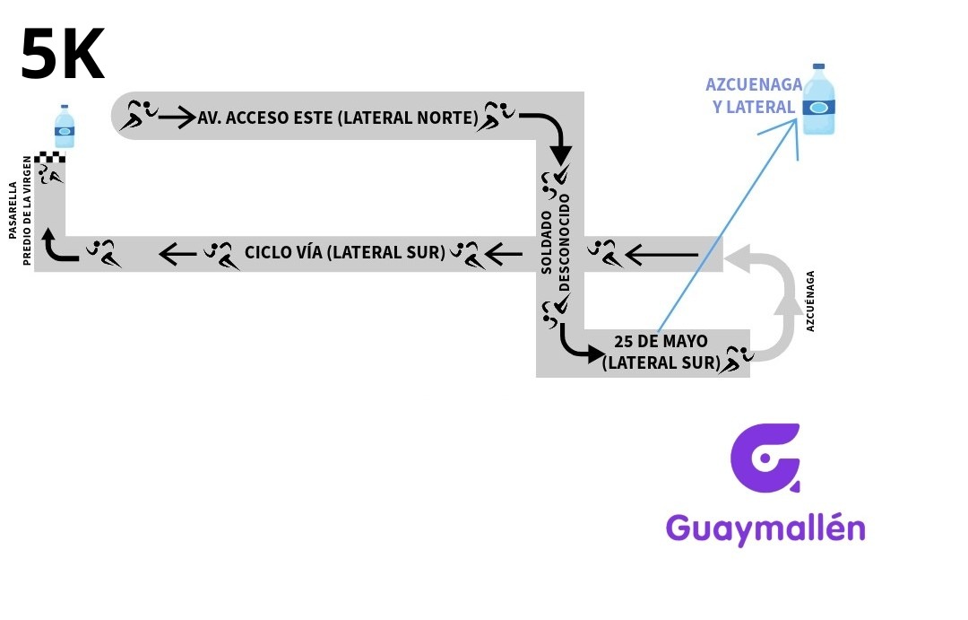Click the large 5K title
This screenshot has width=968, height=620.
point(63,54)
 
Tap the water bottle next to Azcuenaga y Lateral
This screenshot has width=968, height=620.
point(818,100)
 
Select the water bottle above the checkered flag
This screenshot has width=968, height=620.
point(64,127)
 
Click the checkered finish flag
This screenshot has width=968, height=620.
point(49,159)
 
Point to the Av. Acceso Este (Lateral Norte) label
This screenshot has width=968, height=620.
point(339,117)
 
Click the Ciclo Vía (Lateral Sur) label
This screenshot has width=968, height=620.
point(345,252)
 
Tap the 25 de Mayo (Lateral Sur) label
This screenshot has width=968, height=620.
point(661,353)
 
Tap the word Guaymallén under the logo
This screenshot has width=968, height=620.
point(765,528)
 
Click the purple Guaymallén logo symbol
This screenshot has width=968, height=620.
point(765,458)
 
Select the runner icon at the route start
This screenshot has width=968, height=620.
point(141,116)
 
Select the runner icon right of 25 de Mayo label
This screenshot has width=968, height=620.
point(739,357)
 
